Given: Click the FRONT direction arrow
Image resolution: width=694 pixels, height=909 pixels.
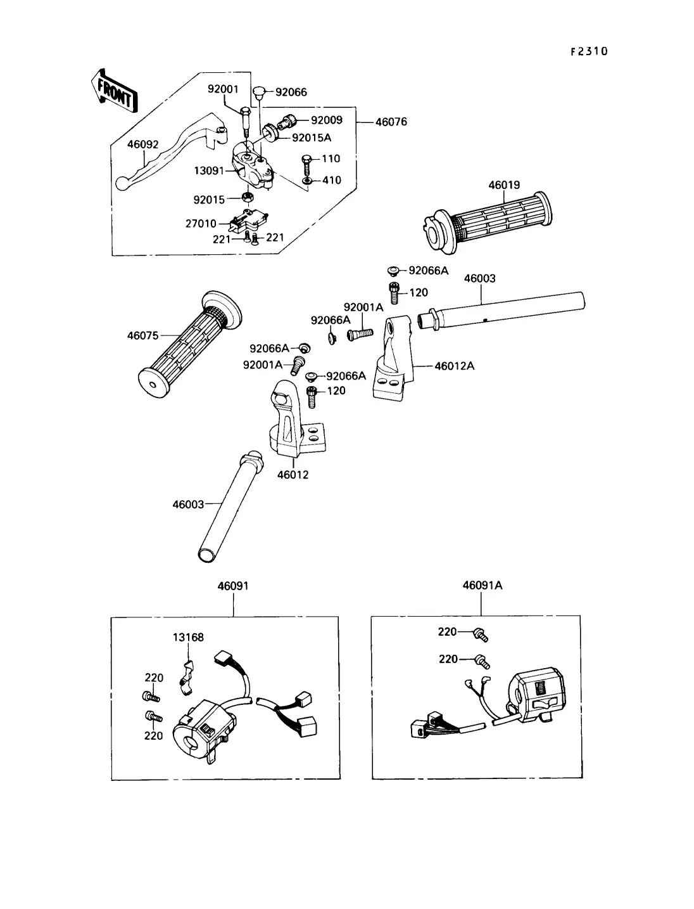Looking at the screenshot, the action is click(115, 91).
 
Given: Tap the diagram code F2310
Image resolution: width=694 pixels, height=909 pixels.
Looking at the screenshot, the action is click(589, 51).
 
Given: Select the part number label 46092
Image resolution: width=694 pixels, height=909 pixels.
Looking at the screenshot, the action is click(142, 145).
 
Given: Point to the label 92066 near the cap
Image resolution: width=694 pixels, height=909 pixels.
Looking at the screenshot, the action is click(291, 92).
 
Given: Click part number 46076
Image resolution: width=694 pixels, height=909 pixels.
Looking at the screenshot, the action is click(391, 122).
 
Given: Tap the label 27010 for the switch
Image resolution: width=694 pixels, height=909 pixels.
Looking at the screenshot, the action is click(201, 224).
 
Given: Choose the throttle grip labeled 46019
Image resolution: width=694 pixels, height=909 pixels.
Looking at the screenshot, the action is click(488, 222).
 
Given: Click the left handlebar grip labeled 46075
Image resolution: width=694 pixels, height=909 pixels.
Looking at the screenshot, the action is click(190, 345).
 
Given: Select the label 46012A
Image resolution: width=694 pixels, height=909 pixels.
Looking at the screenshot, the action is click(455, 366).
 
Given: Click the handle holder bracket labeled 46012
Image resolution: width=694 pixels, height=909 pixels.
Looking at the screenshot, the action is click(296, 418).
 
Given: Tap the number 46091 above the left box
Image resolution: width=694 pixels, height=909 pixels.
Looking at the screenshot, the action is click(233, 586).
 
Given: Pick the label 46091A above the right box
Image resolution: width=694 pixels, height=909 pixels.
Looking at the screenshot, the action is click(483, 585).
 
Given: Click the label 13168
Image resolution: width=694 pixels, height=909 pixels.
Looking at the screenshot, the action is click(188, 637).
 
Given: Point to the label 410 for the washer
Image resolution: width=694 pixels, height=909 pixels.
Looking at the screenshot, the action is click(332, 180).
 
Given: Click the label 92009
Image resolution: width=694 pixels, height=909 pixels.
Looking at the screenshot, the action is click(327, 120).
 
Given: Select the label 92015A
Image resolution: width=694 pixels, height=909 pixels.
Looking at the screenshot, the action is click(312, 138).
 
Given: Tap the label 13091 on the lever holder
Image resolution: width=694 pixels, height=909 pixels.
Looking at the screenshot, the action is click(209, 171).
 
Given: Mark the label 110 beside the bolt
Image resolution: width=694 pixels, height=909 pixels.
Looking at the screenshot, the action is click(331, 158).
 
